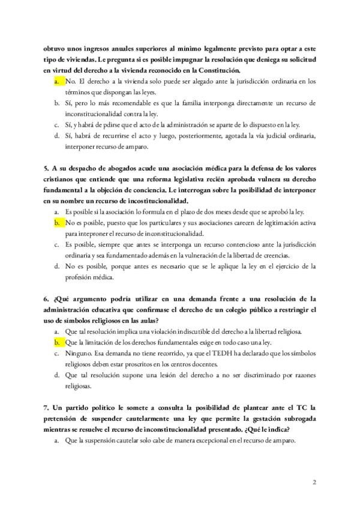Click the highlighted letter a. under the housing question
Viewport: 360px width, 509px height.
[56, 80]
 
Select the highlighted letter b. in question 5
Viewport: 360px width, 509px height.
[56, 223]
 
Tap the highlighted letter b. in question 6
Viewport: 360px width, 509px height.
[56, 342]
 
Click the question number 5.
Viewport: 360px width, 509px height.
[46, 169]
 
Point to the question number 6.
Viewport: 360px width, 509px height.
[46, 298]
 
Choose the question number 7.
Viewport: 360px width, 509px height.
[46, 407]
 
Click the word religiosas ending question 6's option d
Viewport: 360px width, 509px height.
[81, 385]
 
